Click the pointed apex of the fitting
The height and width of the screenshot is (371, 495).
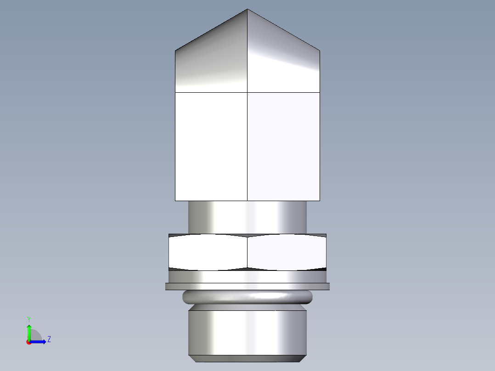pyautogui.click(x=247, y=10)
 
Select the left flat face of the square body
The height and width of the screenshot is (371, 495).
pyautogui.click(x=211, y=146)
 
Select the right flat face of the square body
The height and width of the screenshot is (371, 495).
pyautogui.click(x=284, y=146)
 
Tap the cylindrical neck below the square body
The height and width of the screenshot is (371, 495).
pyautogui.click(x=247, y=217)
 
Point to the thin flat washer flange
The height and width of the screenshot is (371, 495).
pyautogui.click(x=247, y=287)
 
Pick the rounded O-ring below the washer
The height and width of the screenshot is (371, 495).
pyautogui.click(x=247, y=298)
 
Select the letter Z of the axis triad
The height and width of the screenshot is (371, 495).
pyautogui.click(x=49, y=339)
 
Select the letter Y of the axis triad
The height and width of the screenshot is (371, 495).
pyautogui.click(x=29, y=319)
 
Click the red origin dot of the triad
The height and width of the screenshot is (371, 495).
pyautogui.click(x=28, y=342)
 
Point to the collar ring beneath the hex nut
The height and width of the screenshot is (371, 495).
pyautogui.click(x=247, y=276)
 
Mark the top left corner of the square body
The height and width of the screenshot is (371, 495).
pyautogui.click(x=175, y=50)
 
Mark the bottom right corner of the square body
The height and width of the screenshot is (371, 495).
pyautogui.click(x=320, y=201)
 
